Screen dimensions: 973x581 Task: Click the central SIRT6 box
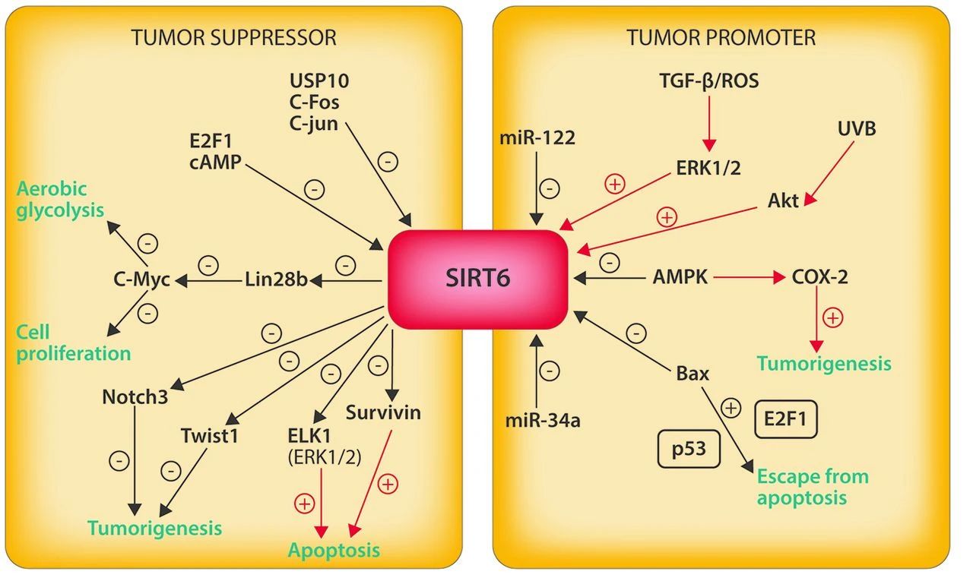tap(477, 279)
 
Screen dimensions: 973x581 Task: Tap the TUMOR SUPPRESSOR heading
tap(233, 38)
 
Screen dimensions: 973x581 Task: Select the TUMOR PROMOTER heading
tap(721, 38)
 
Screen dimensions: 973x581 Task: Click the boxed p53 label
tap(689, 449)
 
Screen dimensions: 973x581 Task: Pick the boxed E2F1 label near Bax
tap(786, 419)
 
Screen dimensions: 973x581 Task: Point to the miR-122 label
tap(537, 138)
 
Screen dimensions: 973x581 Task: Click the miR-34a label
tap(543, 421)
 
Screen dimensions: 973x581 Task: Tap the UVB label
tap(857, 129)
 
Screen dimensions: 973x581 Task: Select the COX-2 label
tap(819, 277)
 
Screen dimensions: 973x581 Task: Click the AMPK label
tap(680, 277)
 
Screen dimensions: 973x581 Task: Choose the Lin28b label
tap(276, 279)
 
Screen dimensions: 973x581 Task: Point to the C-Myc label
tap(141, 279)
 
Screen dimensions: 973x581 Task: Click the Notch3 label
tap(135, 396)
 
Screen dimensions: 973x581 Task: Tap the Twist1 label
tap(210, 436)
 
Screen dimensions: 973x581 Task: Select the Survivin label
tap(383, 412)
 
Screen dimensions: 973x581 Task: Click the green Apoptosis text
tap(334, 551)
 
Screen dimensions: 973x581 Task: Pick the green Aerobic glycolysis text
tap(60, 200)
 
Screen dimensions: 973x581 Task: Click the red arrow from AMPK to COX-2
tap(750, 277)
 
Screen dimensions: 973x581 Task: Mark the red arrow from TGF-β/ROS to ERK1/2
tap(709, 123)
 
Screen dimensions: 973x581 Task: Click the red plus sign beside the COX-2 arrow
tap(833, 317)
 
